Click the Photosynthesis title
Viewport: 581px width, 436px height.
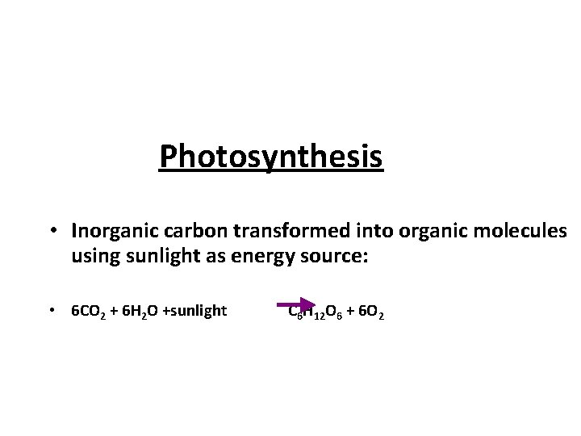(x=271, y=157)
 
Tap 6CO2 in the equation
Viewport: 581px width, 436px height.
(x=87, y=311)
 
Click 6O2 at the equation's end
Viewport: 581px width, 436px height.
(x=372, y=312)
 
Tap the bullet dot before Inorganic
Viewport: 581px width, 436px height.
(x=51, y=232)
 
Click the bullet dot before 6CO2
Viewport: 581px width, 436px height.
(x=51, y=311)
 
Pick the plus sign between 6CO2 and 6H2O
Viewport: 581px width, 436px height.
(x=113, y=311)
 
